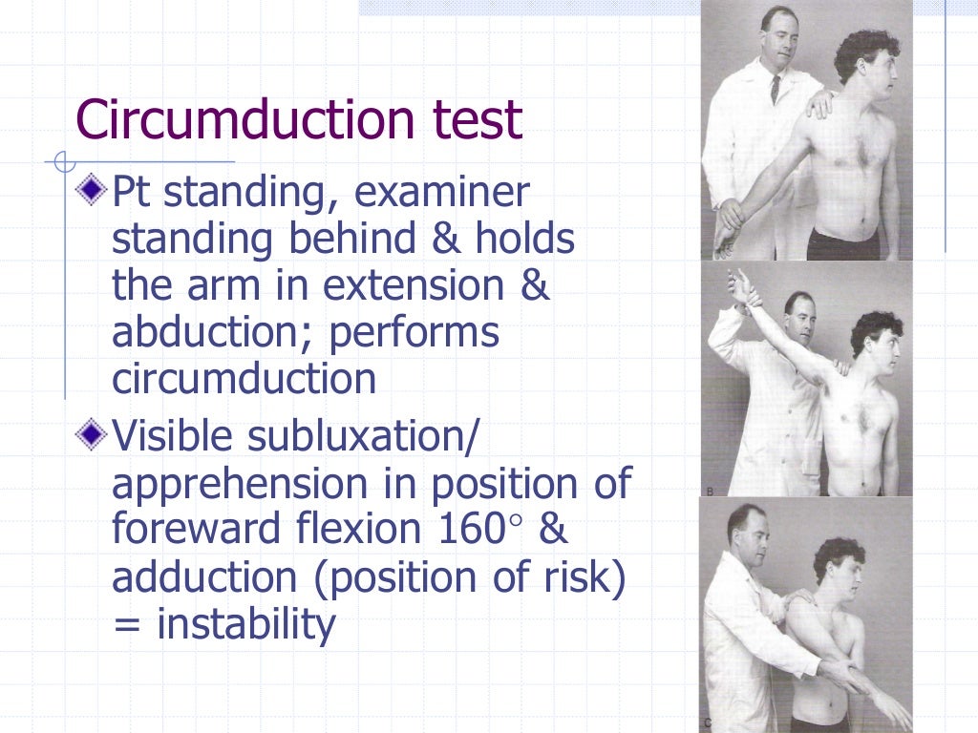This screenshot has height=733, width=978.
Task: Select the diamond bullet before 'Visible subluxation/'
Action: (90, 436)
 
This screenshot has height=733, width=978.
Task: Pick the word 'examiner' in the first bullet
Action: (441, 193)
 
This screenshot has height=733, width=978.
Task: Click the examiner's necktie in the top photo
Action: (776, 88)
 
